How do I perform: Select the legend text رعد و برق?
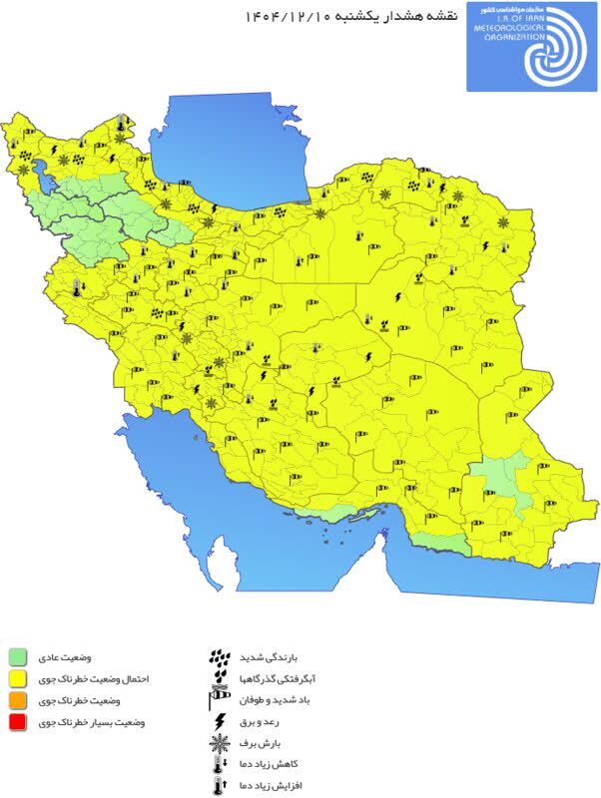tap(263, 722)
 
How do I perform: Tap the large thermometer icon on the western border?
tap(76, 290)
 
